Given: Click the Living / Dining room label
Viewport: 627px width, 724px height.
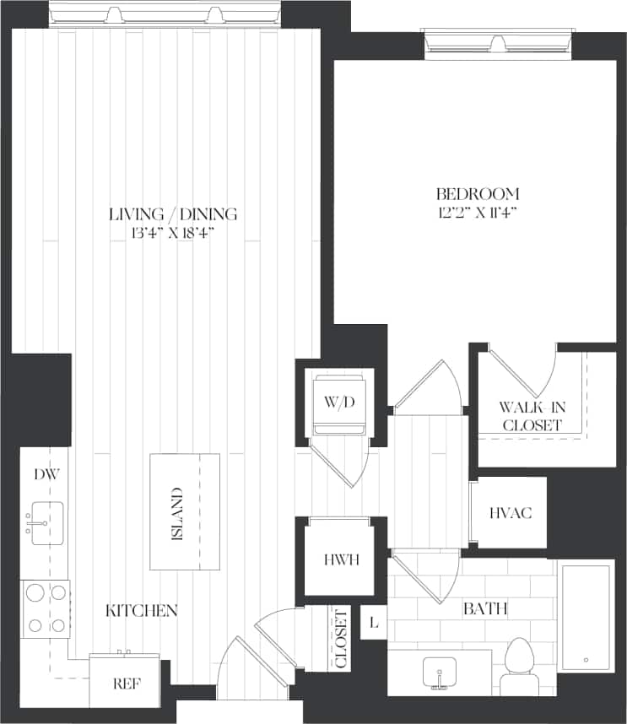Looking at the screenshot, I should click(173, 213).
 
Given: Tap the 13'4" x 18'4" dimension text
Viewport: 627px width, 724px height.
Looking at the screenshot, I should click(173, 233).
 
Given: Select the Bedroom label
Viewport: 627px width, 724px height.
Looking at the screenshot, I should click(478, 194).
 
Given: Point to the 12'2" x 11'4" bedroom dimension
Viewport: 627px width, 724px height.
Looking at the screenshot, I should click(478, 213).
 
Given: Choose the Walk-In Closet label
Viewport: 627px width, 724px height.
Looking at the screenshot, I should click(532, 416).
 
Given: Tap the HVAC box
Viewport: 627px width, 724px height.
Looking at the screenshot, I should click(511, 512).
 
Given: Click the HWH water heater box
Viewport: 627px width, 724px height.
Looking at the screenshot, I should click(341, 559).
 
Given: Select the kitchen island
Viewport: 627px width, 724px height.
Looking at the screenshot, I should click(184, 512).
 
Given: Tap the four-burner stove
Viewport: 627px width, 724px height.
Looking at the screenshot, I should click(46, 608).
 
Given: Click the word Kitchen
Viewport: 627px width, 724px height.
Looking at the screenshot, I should click(142, 610).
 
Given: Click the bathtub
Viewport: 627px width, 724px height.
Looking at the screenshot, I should click(585, 617).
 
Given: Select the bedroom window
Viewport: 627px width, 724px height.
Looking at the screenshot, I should click(498, 42).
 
